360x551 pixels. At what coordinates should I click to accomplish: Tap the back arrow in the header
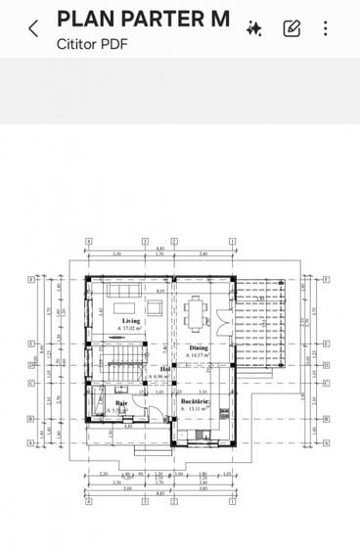pos(32,28)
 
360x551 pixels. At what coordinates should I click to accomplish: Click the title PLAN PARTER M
pos(143,19)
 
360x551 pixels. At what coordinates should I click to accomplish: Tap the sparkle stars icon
pos(253,28)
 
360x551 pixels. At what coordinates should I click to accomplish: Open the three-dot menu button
pos(325,28)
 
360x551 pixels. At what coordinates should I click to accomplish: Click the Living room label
pos(130,321)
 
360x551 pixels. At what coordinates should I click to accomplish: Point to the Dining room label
pos(198,347)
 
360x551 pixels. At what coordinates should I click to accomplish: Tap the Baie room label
pos(122,402)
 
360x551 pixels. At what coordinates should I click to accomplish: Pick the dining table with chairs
pos(197,314)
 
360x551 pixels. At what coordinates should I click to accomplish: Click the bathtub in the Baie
pos(98,402)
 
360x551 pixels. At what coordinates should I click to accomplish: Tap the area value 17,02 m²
pos(132,329)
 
